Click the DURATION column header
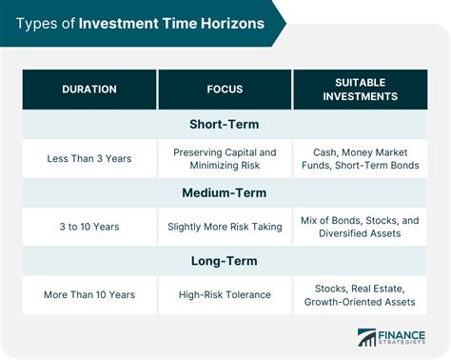click(89, 90)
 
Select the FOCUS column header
click(225, 90)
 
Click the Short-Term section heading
click(225, 125)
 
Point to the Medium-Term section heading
click(225, 191)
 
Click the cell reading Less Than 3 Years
click(89, 158)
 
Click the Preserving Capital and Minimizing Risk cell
click(225, 158)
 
